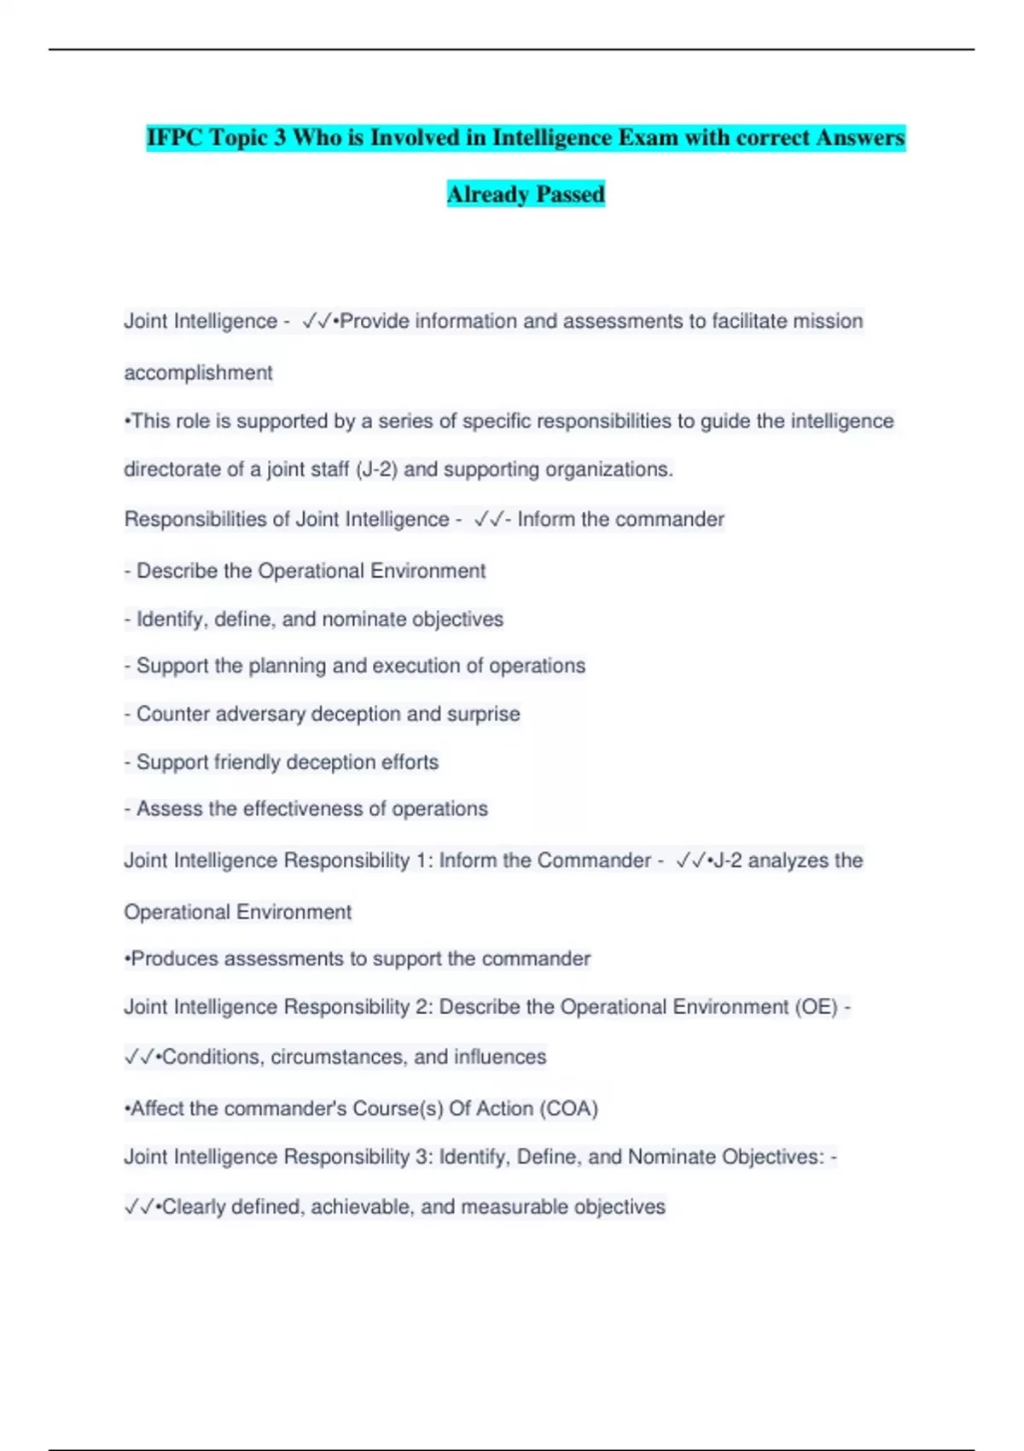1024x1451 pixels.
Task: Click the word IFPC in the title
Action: point(174,137)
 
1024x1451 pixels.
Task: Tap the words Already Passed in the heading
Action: point(526,195)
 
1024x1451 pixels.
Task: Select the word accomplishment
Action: point(198,373)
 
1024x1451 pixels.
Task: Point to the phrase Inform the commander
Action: point(620,519)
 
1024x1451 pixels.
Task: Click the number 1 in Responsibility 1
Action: point(422,860)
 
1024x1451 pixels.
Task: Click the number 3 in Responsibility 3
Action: point(422,1157)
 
